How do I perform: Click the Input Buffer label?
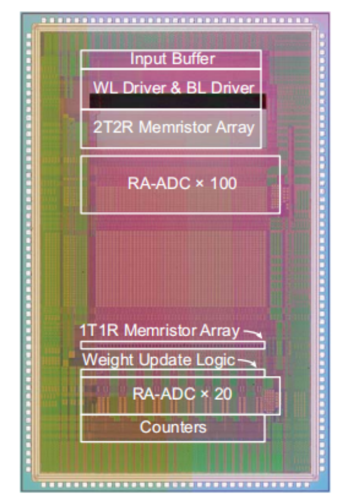(173, 60)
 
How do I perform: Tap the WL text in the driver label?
(103, 88)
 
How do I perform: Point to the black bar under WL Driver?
(177, 102)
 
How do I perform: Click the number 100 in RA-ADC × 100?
(224, 183)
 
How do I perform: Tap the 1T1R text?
(96, 331)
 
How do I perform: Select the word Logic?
(217, 360)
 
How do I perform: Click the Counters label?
(173, 427)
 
